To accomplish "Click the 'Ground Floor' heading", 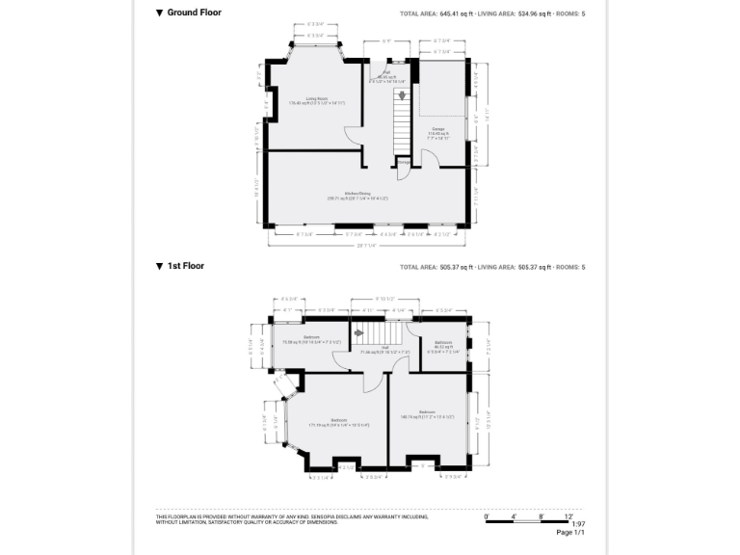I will tap(194, 13).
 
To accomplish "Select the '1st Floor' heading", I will tap(186, 266).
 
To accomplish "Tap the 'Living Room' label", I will tap(317, 100).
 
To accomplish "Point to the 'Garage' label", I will tap(438, 130).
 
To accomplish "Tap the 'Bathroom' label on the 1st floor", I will tap(443, 344).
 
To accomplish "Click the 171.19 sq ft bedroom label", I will tap(338, 422).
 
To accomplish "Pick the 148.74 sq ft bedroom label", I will tap(426, 416).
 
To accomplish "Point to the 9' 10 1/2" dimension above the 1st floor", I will tap(385, 300).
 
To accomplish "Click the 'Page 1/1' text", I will tap(570, 533).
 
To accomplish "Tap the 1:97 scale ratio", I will tap(578, 524).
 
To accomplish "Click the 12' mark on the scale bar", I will tap(581, 516).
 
